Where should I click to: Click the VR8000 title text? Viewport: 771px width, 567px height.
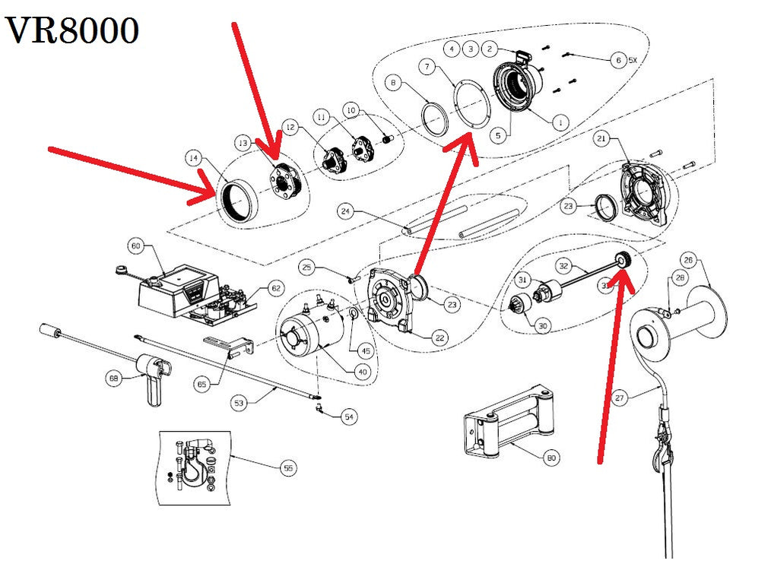[x=73, y=31]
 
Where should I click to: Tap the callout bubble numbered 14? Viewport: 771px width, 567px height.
[x=194, y=158]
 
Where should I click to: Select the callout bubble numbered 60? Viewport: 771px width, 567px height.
[x=137, y=247]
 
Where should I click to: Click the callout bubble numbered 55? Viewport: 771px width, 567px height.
[x=287, y=468]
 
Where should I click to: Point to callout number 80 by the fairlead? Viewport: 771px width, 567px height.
[x=551, y=458]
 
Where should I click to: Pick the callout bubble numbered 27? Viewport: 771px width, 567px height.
[x=620, y=398]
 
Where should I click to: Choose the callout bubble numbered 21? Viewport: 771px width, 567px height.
[x=601, y=139]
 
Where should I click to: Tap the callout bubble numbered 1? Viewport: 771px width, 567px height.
[x=560, y=121]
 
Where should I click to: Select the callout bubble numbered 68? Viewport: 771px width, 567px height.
[x=115, y=378]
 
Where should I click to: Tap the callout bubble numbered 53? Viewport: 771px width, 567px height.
[x=240, y=402]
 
